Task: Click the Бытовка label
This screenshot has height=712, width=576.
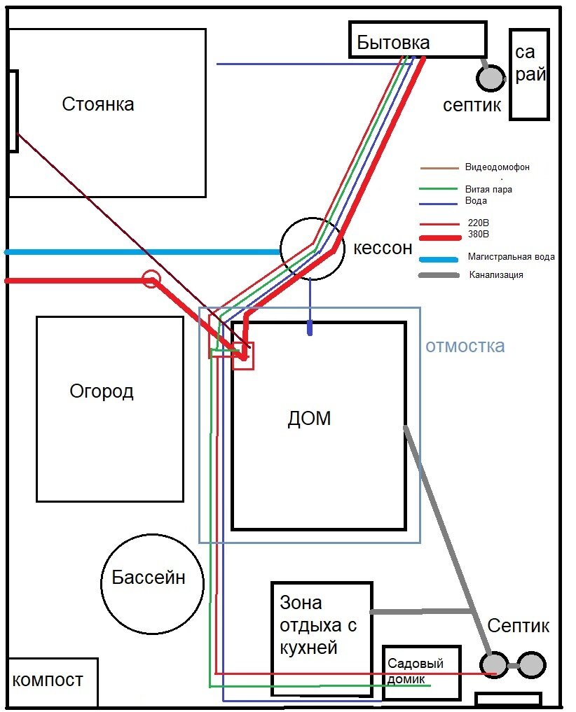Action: [393, 42]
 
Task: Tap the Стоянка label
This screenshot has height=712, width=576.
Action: [97, 104]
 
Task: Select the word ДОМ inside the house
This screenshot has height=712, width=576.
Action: [309, 418]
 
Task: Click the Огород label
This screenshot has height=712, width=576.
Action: [102, 391]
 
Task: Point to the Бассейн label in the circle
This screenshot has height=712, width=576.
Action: [149, 577]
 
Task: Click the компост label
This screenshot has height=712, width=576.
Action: [47, 680]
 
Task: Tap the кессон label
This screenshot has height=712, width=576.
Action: [383, 248]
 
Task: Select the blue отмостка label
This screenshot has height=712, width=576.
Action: [465, 346]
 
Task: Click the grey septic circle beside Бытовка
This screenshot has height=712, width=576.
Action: [491, 78]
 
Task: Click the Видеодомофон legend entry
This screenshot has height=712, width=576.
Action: [497, 167]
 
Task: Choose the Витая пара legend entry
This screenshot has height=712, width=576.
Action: [488, 189]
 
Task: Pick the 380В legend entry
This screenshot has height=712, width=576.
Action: [479, 235]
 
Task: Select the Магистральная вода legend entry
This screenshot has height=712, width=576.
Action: [511, 256]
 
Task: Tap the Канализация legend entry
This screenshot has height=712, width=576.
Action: [496, 274]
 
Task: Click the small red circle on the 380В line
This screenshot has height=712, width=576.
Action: [151, 279]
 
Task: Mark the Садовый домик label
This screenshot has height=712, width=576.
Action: [415, 671]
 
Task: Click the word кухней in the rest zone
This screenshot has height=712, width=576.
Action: [309, 648]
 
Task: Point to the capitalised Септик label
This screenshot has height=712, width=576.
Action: [519, 626]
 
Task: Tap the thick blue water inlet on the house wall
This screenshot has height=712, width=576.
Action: [310, 328]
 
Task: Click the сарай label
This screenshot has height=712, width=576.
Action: [530, 64]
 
